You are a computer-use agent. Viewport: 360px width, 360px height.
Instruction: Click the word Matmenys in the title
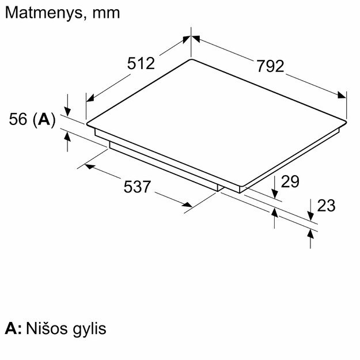click(x=40, y=13)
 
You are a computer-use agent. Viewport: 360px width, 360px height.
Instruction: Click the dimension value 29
click(x=290, y=181)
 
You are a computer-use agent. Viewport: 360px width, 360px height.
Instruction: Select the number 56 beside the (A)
click(x=19, y=119)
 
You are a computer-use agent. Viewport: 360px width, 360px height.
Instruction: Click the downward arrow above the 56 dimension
click(x=68, y=110)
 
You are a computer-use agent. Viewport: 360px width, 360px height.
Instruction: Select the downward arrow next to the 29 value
click(x=275, y=194)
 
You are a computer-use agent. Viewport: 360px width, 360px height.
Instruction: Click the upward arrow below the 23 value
click(x=311, y=234)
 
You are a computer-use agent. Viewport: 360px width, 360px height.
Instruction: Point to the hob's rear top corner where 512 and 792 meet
click(x=191, y=59)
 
